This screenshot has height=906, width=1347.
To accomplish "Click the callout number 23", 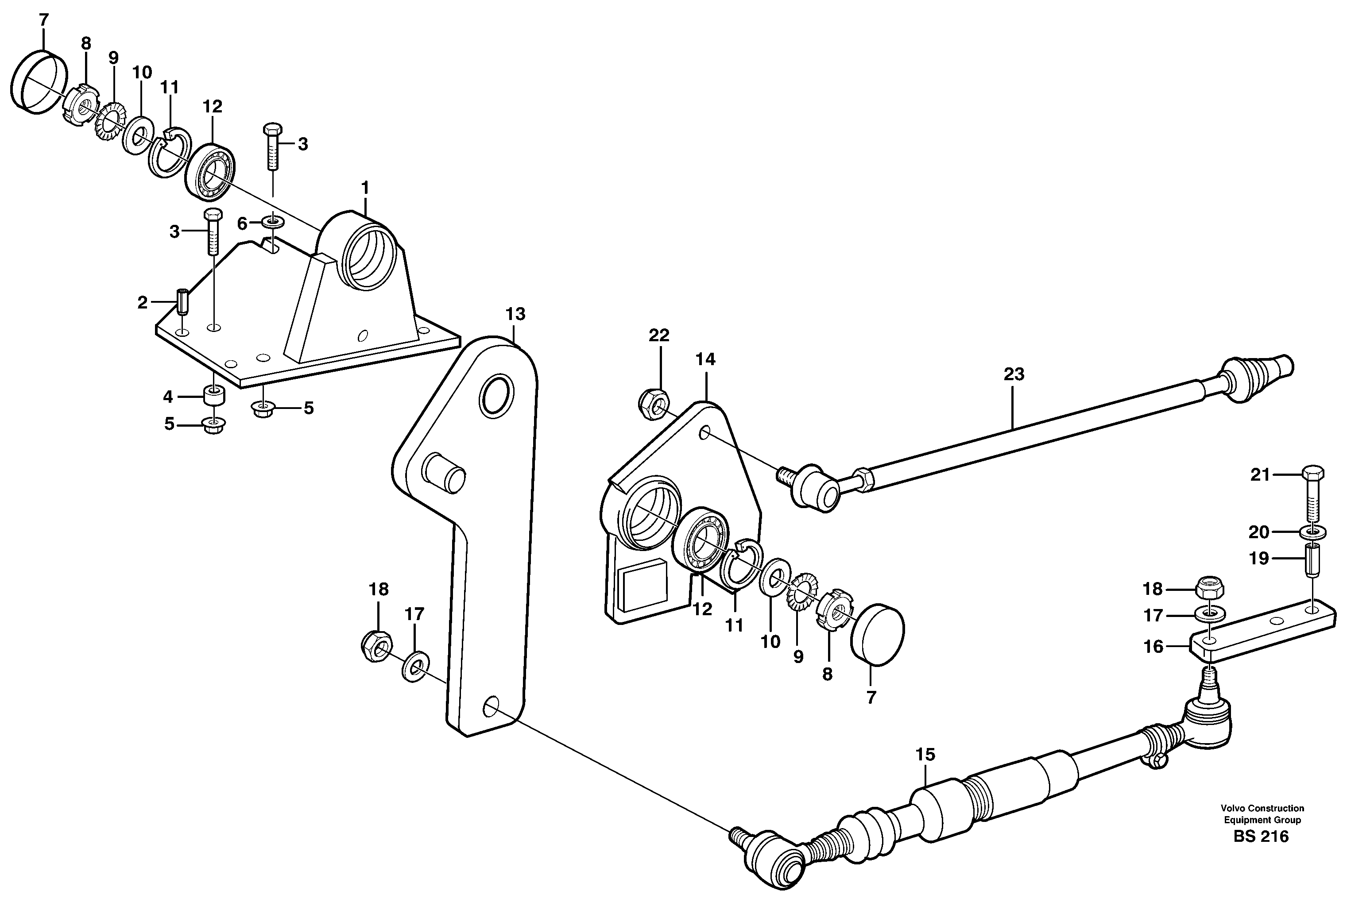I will pyautogui.click(x=1014, y=374).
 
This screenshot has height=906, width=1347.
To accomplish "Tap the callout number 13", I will pyautogui.click(x=515, y=314).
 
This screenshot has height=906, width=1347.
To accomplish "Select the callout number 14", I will pyautogui.click(x=705, y=359).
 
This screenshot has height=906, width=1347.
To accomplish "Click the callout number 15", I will pyautogui.click(x=925, y=755).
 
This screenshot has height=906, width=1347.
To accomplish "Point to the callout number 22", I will pyautogui.click(x=658, y=335).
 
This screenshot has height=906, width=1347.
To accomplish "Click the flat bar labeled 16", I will pyautogui.click(x=1260, y=631).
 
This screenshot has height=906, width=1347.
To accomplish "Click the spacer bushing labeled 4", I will pyautogui.click(x=213, y=397).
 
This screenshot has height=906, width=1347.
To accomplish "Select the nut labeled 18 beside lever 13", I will pyautogui.click(x=376, y=647).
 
